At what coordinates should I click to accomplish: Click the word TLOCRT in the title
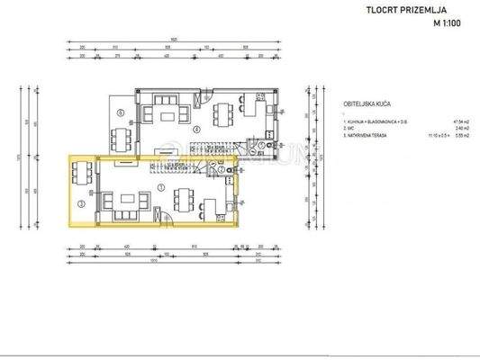pyautogui.click(x=381, y=13)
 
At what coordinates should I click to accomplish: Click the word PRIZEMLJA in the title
pyautogui.click(x=426, y=13)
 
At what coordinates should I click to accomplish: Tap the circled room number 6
pyautogui.click(x=122, y=112)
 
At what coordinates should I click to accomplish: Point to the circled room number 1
pyautogui.click(x=160, y=187)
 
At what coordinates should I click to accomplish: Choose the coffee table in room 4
pyautogui.click(x=167, y=114)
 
